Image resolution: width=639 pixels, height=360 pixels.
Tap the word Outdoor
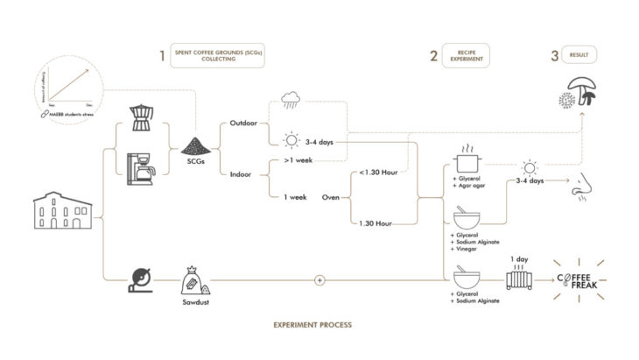point(242,123)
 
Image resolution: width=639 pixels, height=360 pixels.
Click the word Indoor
point(241,173)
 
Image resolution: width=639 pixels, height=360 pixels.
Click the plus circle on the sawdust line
point(319,280)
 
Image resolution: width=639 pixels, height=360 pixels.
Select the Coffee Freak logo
point(580,280)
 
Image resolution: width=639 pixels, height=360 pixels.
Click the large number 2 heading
point(433,57)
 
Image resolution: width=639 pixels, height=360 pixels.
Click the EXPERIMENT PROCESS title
point(313,325)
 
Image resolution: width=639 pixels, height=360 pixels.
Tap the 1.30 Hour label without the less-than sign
point(376,224)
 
